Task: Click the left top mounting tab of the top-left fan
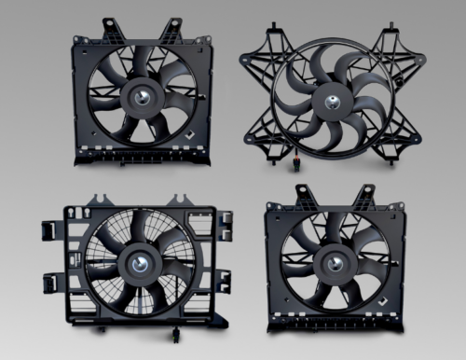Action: [x=109, y=23]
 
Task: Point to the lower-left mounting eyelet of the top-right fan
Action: [x=251, y=142]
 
